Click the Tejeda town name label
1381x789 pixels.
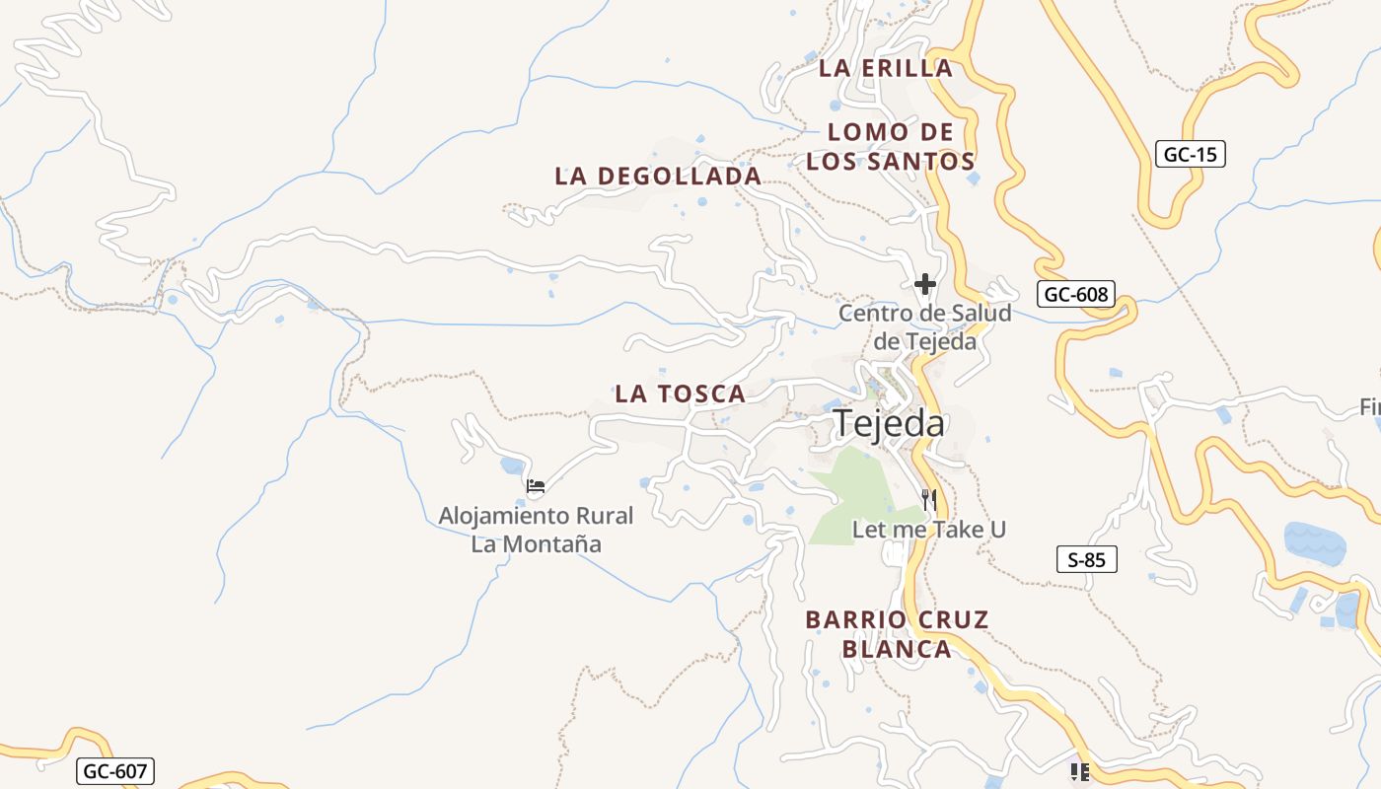point(889,423)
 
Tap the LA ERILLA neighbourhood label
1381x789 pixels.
point(886,68)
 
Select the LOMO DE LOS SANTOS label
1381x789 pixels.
point(891,147)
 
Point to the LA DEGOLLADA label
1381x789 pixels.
point(658,177)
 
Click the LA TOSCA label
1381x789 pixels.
point(680,394)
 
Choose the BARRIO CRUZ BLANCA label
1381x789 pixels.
point(897,634)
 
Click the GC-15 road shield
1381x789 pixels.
point(1190,154)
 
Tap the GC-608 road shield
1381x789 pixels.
point(1075,294)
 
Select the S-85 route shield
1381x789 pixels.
point(1086,560)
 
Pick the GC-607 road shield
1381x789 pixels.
point(115,771)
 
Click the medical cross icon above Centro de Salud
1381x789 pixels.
point(924,285)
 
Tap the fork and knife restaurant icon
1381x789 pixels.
point(927,499)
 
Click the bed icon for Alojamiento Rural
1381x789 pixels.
point(536,485)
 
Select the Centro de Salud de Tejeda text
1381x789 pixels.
point(924,327)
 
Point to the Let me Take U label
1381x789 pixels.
point(928,530)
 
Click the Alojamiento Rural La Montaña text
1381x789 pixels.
point(536,530)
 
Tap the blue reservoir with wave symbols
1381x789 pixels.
point(1315,543)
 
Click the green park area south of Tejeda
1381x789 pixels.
point(856,493)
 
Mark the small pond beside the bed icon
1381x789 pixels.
point(512,465)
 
